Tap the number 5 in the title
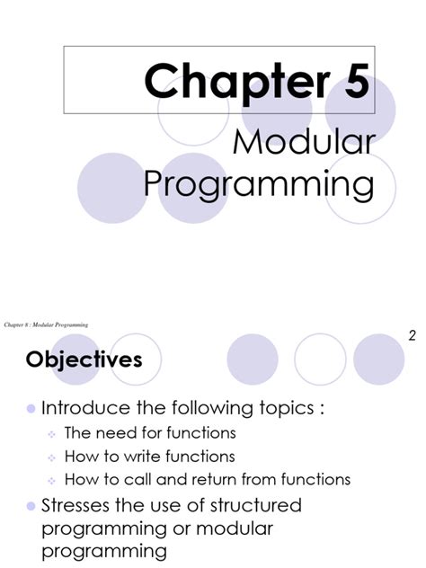(353, 82)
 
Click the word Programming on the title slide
(259, 186)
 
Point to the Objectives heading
(84, 359)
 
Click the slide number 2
(412, 336)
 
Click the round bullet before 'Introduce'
(31, 409)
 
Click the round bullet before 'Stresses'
(31, 504)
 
